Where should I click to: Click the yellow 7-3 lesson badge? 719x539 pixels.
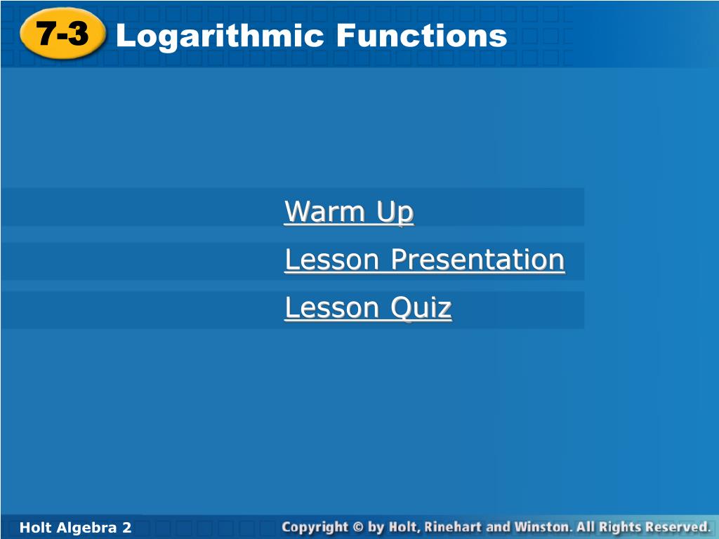pos(62,34)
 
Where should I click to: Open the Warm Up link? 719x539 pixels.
pos(349,211)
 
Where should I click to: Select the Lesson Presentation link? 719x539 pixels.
pos(425,260)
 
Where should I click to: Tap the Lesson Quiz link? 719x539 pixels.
pos(368,307)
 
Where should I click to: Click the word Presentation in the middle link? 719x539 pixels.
pos(477,260)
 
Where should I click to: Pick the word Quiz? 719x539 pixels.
pos(421,307)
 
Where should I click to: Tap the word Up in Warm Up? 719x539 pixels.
pos(395,213)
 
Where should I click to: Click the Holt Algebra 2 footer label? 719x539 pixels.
pos(76,528)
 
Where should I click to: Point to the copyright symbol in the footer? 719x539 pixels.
pos(359,527)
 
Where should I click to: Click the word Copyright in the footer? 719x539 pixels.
pos(315,528)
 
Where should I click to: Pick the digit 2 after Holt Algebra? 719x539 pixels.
pos(126,528)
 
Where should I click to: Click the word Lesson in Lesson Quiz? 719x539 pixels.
pos(332,307)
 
